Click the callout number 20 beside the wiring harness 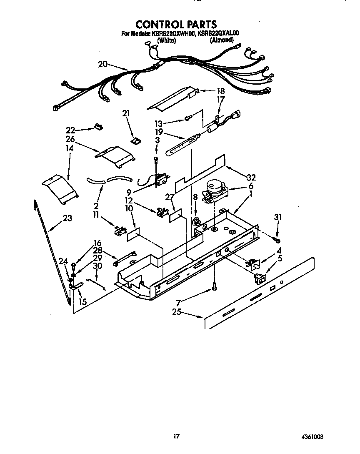103,64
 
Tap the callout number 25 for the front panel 177,311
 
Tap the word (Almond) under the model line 221,40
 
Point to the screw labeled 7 214,286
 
